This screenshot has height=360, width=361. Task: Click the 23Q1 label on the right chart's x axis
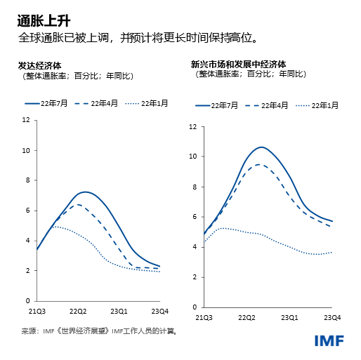point(290,318)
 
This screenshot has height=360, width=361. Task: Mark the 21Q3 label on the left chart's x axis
point(37,311)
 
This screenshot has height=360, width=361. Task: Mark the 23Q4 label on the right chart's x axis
point(332,318)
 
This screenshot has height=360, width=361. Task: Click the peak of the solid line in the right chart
point(261,147)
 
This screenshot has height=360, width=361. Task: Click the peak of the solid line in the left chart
point(85,192)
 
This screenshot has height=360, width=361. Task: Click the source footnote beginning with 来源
point(98,330)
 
